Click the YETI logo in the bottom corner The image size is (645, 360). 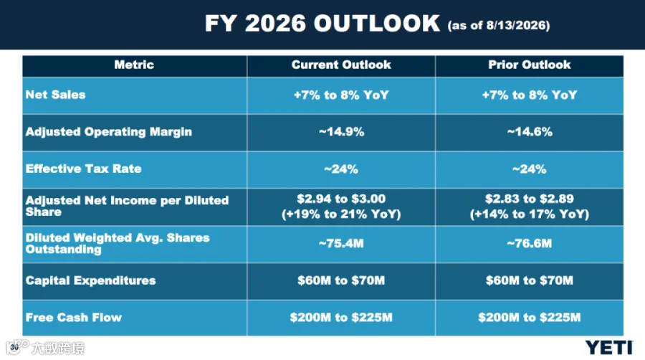(x=609, y=348)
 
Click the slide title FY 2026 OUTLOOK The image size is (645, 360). (x=322, y=23)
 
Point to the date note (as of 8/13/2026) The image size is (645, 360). (x=499, y=26)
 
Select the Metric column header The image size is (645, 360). (x=134, y=65)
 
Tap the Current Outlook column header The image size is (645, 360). (x=341, y=65)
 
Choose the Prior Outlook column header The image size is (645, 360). (x=530, y=65)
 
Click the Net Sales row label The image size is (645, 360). (x=55, y=95)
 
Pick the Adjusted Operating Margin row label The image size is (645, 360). (x=109, y=132)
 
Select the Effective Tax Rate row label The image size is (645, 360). (x=84, y=169)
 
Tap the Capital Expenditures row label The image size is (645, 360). (x=90, y=280)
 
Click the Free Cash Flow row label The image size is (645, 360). (x=74, y=317)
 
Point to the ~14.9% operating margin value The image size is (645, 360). (x=341, y=132)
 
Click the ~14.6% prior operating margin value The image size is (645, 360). (x=530, y=132)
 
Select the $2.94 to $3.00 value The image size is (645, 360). (x=341, y=199)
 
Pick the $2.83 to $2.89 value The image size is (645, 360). (x=530, y=199)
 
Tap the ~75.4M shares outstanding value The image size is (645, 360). (x=341, y=244)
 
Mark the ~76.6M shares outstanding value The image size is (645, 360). (x=530, y=244)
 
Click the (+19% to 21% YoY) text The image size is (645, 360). (x=341, y=214)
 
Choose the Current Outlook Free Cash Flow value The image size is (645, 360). (x=341, y=318)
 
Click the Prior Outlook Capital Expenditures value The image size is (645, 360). (x=530, y=280)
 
